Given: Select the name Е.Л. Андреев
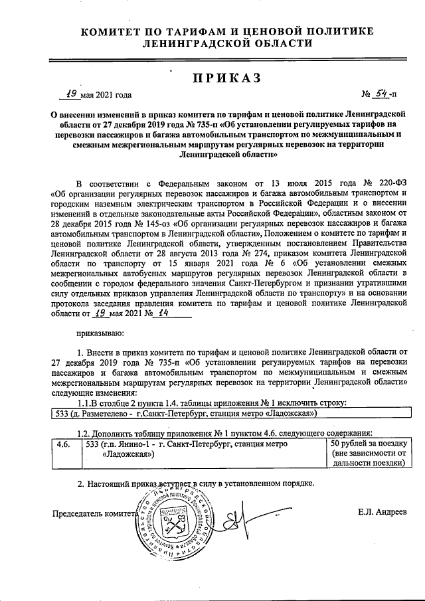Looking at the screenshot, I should [x=381, y=511].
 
